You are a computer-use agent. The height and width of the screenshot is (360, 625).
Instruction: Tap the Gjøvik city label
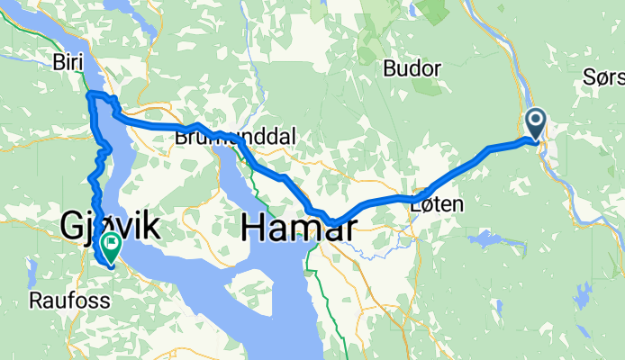coord(110,226)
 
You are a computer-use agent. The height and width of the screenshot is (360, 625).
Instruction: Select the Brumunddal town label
coord(235,137)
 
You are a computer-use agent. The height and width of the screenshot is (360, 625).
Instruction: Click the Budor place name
coord(412,67)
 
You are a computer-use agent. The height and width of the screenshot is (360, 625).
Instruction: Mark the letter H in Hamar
coord(253,229)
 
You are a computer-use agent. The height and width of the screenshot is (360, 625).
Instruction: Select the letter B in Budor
coord(389,67)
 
